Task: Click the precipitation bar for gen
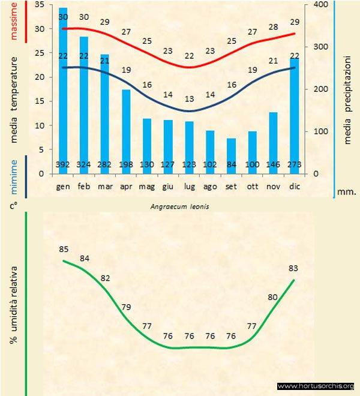point(63,90)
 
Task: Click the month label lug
point(189,187)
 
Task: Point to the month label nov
point(273,187)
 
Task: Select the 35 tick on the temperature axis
point(40,5)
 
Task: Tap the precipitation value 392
point(63,164)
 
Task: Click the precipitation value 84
point(231,164)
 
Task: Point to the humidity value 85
point(64,249)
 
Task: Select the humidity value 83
point(293,268)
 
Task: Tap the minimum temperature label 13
point(189,98)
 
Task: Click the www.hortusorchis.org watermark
point(316,386)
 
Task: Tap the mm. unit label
point(346,193)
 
